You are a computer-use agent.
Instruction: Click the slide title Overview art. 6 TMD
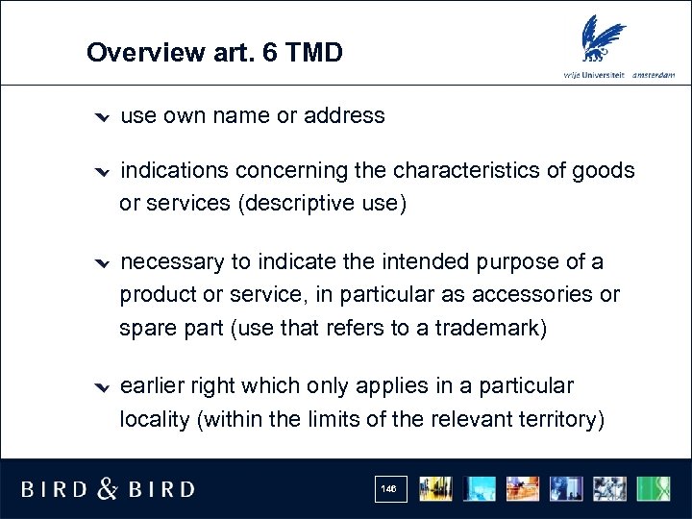[x=213, y=52]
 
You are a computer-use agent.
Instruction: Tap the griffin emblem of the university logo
[x=606, y=40]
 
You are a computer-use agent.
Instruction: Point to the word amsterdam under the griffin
[x=654, y=75]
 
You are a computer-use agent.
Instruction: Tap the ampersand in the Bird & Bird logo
[x=108, y=489]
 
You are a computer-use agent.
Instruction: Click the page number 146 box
[x=388, y=489]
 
